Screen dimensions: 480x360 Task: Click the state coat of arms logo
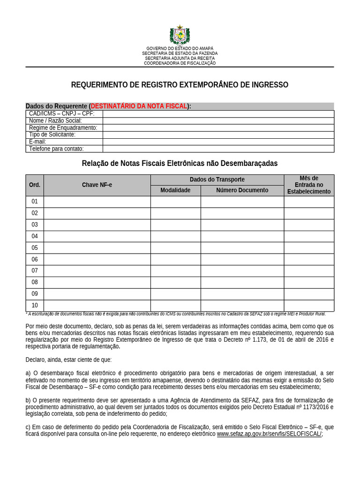pos(180,36)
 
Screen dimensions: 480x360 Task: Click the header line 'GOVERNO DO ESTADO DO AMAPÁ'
pos(180,48)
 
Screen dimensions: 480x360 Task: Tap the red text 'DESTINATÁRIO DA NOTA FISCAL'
pos(139,106)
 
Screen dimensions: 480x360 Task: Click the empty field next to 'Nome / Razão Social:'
pos(218,120)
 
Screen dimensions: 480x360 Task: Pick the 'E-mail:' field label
pos(37,142)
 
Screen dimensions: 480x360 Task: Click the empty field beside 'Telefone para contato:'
pos(218,149)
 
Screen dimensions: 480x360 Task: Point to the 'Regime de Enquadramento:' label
pos(63,127)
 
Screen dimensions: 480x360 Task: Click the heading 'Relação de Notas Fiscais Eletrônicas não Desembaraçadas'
pos(180,163)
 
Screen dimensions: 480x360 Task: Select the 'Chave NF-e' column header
pos(97,185)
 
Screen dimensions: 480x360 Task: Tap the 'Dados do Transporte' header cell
pos(217,180)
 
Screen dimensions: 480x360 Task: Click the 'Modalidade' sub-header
pos(175,190)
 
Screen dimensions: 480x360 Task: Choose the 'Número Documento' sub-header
pos(242,190)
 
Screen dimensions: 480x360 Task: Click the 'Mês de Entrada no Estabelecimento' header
pos(308,185)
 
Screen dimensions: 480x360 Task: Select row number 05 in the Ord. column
pos(35,247)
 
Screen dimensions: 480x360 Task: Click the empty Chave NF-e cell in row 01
pos(97,202)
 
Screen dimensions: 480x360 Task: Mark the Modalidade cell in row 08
pos(175,282)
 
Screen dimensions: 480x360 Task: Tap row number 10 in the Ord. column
pos(35,306)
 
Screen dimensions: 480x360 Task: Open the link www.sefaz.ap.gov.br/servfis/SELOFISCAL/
pos(269,434)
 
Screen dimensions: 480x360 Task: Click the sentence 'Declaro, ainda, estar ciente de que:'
pos(68,360)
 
